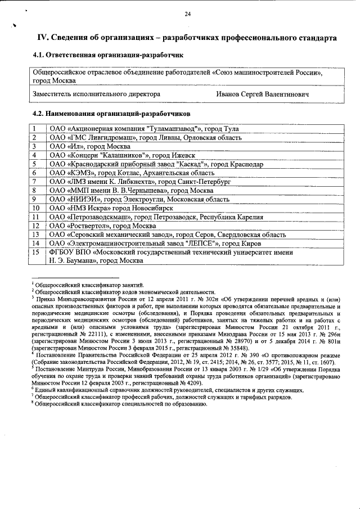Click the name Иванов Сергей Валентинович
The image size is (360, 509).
pyautogui.click(x=263, y=94)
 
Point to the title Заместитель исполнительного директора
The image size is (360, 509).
pyautogui.click(x=96, y=94)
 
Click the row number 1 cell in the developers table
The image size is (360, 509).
pyautogui.click(x=35, y=129)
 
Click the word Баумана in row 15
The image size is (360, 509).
pyautogui.click(x=80, y=260)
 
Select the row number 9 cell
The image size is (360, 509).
pyautogui.click(x=35, y=199)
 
